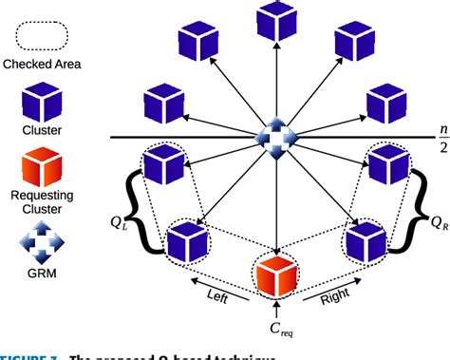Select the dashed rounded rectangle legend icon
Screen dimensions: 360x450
click(x=42, y=35)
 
